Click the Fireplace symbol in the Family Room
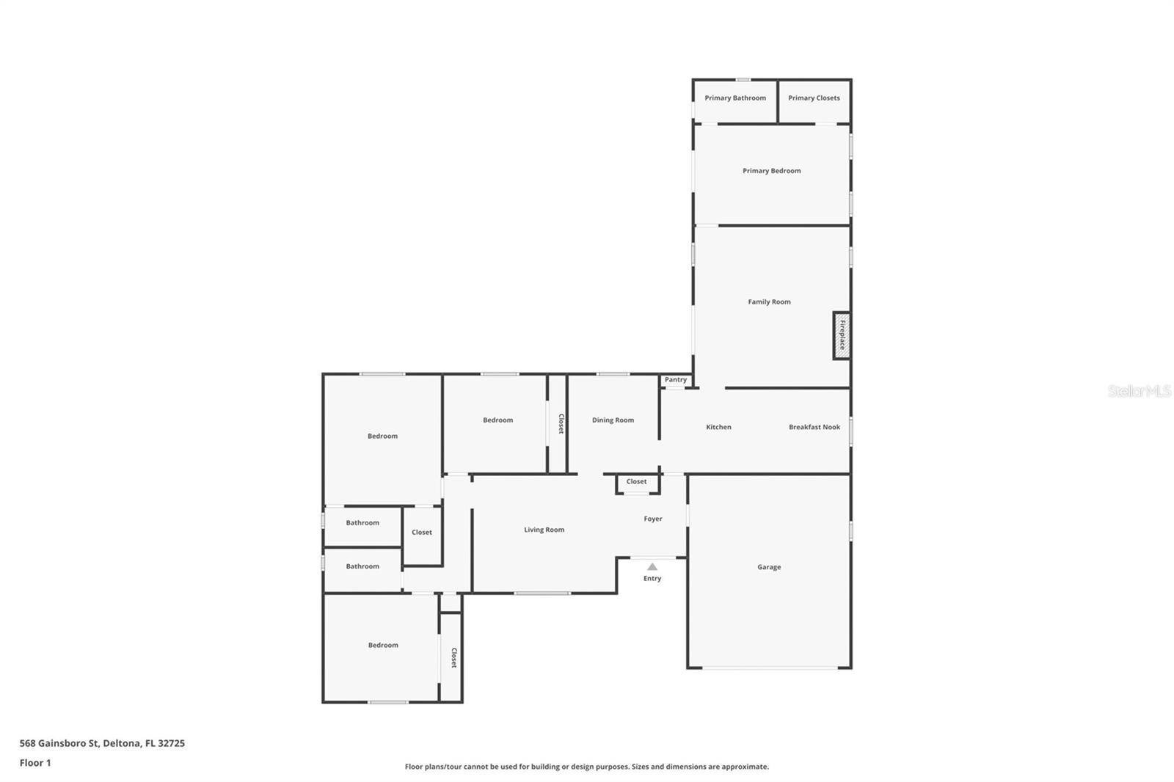[x=842, y=335]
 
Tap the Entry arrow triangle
[x=652, y=566]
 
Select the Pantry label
[x=676, y=380]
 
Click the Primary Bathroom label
[x=735, y=98]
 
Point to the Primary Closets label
[x=814, y=98]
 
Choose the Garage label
[x=769, y=567]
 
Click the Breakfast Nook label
[x=814, y=427]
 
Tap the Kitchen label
[x=718, y=427]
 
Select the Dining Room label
[x=613, y=420]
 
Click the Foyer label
[x=653, y=519]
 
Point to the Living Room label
[x=544, y=530]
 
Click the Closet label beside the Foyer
[x=637, y=482]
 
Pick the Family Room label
[x=769, y=302]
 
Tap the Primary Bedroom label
[x=771, y=171]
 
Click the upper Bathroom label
[x=362, y=523]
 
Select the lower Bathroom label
[x=362, y=566]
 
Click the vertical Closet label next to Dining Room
[x=561, y=424]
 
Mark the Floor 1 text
[x=35, y=763]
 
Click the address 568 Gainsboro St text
[x=102, y=743]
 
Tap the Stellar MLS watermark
[x=1139, y=391]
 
